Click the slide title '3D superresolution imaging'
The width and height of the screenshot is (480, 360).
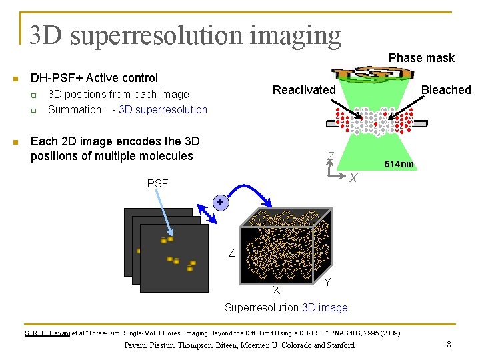coord(185,35)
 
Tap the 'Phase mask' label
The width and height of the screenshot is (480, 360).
coord(421,58)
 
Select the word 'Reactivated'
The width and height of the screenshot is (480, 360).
coord(304,90)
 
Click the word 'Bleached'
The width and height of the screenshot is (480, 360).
coord(445,90)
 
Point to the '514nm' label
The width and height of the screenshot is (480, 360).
coord(398,164)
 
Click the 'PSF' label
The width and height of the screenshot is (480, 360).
coord(157,183)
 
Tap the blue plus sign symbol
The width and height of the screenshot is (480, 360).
coord(219,201)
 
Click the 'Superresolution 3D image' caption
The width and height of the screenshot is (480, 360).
coord(286,307)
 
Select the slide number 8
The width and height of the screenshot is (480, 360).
coord(449,345)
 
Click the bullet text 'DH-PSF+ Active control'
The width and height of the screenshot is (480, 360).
coord(94,78)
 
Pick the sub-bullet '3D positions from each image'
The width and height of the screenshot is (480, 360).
coord(119,95)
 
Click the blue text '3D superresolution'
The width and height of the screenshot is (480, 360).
coord(163,109)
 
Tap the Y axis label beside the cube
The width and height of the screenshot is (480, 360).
coord(327,283)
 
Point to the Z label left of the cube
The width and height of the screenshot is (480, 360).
coord(231,253)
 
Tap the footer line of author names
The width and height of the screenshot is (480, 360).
coord(239,345)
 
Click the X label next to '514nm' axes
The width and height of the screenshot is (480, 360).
coord(353,177)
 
